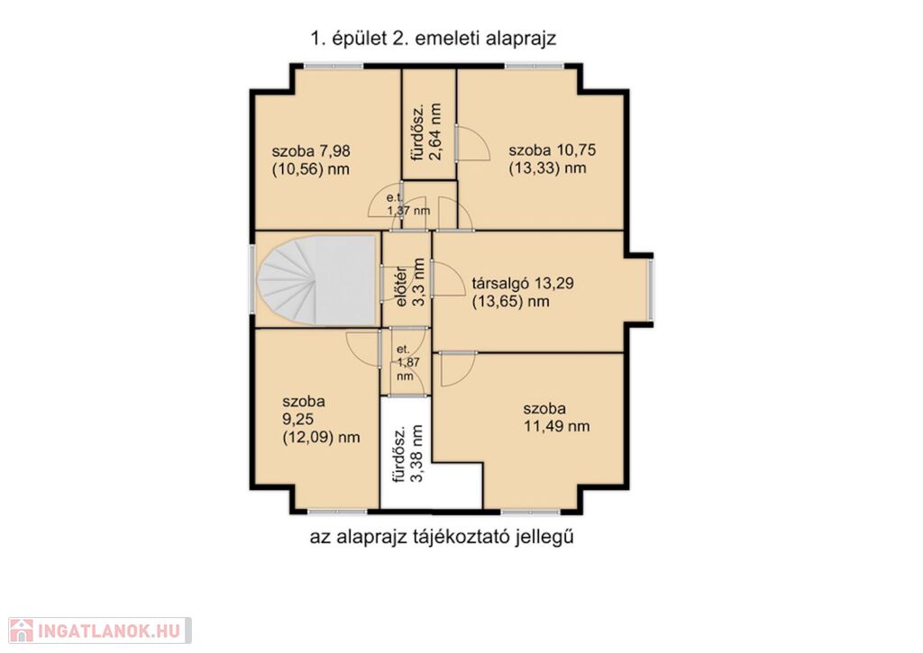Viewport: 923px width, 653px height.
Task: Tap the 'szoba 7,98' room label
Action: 311,160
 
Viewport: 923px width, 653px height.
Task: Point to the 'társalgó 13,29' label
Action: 523,293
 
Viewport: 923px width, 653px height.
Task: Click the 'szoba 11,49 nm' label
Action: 557,417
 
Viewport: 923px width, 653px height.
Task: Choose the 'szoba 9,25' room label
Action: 322,420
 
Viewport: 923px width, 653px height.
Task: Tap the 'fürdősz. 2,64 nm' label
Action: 426,132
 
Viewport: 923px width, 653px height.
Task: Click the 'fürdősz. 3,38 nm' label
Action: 408,454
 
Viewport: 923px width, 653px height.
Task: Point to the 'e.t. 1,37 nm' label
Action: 408,204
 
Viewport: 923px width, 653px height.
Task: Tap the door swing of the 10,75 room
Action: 474,143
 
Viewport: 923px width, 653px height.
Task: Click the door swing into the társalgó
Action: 448,278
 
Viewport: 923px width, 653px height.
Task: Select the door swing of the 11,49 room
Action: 457,369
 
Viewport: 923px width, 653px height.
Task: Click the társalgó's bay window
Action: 651,291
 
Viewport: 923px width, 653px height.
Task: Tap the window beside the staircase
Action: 252,279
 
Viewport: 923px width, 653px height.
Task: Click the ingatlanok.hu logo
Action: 100,630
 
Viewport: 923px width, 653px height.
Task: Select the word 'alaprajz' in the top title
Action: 521,39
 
